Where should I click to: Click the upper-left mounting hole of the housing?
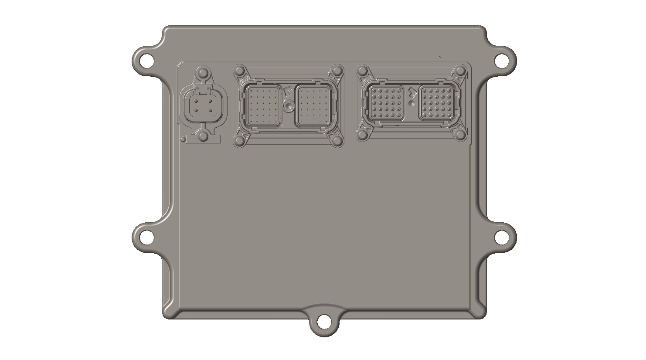[x=146, y=59]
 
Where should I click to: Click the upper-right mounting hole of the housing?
[x=502, y=59]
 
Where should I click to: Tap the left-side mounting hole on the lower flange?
[x=146, y=237]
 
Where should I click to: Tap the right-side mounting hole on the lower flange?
[x=502, y=237]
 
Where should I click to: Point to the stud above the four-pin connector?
[x=203, y=72]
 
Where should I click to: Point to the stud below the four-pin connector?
[x=203, y=137]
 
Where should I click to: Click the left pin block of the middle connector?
[x=263, y=106]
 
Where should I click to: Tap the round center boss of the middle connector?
[x=288, y=105]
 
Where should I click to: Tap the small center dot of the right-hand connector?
[x=412, y=104]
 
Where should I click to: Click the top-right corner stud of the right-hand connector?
[x=460, y=71]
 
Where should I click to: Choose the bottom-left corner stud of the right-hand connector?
[x=361, y=135]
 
